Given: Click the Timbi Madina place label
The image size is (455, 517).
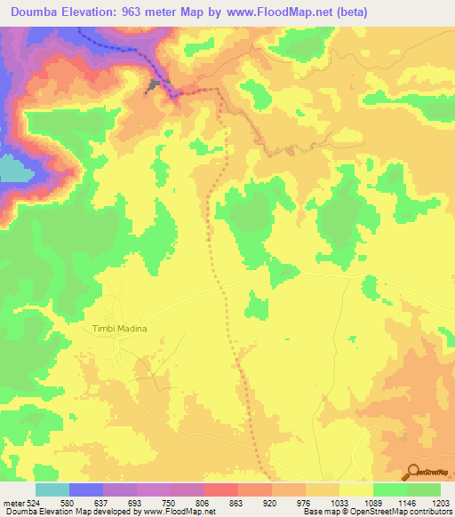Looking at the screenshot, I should [x=118, y=328].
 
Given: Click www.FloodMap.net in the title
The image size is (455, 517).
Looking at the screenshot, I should [x=272, y=12].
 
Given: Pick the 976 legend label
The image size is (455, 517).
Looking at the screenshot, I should [x=305, y=503].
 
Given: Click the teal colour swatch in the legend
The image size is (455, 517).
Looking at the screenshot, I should [x=52, y=489].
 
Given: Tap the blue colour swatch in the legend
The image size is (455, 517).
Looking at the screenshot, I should [x=86, y=489].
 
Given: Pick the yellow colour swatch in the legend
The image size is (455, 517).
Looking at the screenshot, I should [x=355, y=489].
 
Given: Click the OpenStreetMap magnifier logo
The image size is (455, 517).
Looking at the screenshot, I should [x=412, y=471].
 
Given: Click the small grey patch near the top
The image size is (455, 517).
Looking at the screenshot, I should [x=156, y=85].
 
